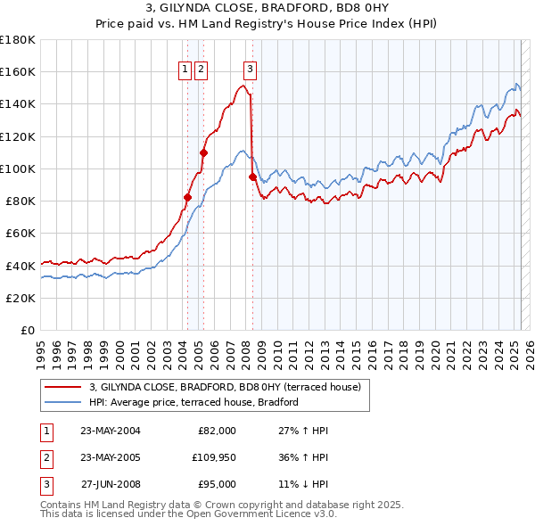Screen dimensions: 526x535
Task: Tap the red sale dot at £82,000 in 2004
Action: pos(188,197)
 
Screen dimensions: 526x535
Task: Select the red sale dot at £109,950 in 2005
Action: pos(203,152)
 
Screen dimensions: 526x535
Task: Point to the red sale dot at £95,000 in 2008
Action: pos(252,177)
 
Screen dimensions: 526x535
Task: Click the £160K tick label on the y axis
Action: pos(18,71)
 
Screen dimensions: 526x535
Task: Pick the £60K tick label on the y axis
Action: pos(21,233)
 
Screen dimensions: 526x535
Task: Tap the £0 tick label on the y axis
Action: pos(27,330)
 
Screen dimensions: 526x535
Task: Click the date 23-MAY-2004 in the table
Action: pos(111,431)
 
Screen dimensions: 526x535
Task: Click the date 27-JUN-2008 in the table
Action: pos(111,485)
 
